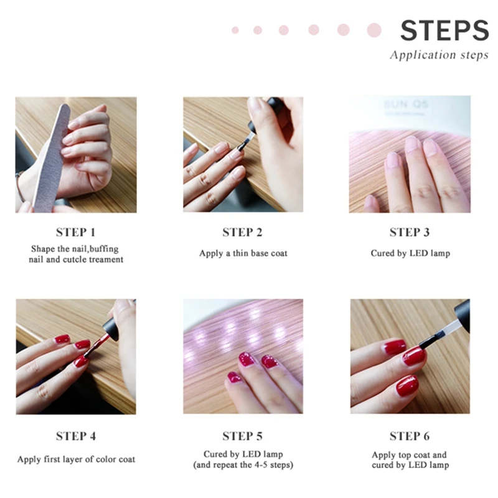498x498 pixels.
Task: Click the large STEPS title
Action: point(444,31)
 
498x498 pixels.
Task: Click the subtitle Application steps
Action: point(439,55)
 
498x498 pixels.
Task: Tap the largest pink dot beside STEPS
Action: point(374,30)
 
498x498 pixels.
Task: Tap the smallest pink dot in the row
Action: point(235,30)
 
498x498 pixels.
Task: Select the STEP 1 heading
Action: point(75,232)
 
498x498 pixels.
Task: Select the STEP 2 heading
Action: point(242,232)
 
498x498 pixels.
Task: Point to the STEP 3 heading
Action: point(409,232)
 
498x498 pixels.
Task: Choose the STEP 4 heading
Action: point(75,436)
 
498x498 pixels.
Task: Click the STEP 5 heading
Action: point(242,436)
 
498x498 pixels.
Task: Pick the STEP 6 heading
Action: point(409,436)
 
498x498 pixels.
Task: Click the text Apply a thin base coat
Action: point(243,253)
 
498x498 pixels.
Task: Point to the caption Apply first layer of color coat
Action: point(76,459)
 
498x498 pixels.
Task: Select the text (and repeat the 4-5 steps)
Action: point(243,465)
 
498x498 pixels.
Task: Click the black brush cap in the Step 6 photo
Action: point(461,314)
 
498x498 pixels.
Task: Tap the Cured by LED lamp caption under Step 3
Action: point(409,253)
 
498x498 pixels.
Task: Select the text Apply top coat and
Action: point(409,455)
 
